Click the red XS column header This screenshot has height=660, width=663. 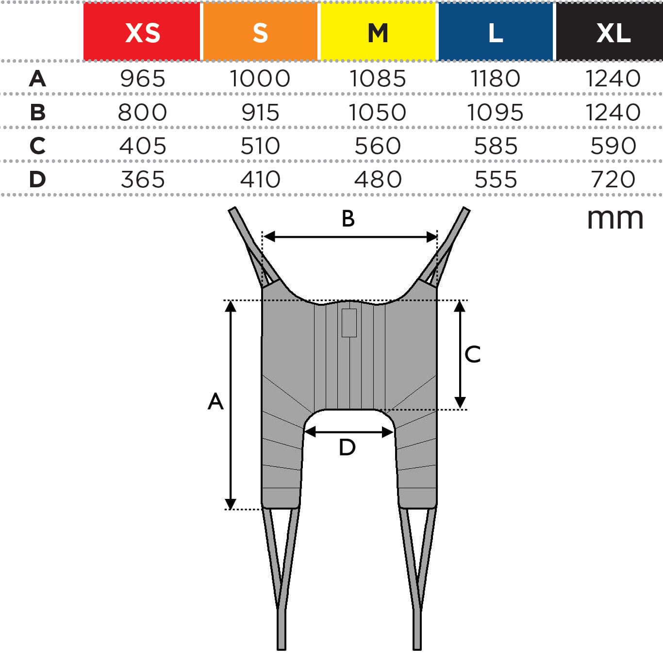click(x=142, y=32)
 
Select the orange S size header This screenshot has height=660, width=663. click(x=260, y=32)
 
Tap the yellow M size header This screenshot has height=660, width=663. click(x=378, y=32)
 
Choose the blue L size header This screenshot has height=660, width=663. click(x=496, y=32)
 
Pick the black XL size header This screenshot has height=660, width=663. click(x=613, y=32)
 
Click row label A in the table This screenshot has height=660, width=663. click(x=37, y=79)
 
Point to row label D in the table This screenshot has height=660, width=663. click(x=37, y=180)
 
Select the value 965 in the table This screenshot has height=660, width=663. click(x=143, y=79)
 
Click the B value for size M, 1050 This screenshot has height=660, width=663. click(x=378, y=113)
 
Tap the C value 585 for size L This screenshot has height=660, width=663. click(x=496, y=146)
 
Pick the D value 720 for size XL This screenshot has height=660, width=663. click(x=613, y=180)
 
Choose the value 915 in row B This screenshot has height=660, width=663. click(x=260, y=113)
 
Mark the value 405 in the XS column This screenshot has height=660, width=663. click(x=143, y=146)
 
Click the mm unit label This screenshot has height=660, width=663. click(x=615, y=218)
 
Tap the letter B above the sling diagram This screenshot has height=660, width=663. click(x=348, y=219)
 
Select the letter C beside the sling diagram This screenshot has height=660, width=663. click(x=472, y=354)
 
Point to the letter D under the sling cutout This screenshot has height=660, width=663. click(x=347, y=447)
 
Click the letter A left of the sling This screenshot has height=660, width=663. click(x=215, y=401)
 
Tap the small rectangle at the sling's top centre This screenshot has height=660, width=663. click(x=349, y=323)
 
